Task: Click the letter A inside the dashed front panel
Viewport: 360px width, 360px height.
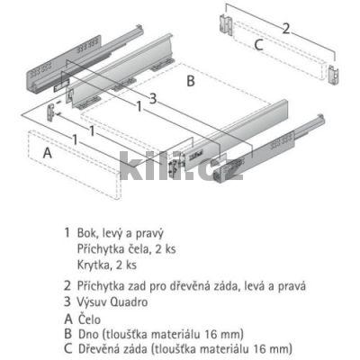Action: click(45, 154)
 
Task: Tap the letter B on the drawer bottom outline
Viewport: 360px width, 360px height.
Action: click(190, 79)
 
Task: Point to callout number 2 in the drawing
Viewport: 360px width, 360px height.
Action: click(285, 28)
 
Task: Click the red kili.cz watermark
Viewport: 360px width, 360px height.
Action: click(180, 168)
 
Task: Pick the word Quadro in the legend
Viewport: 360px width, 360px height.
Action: click(143, 301)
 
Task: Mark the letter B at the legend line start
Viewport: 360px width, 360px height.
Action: click(67, 332)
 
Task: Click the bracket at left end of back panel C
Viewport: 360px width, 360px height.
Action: click(224, 20)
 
